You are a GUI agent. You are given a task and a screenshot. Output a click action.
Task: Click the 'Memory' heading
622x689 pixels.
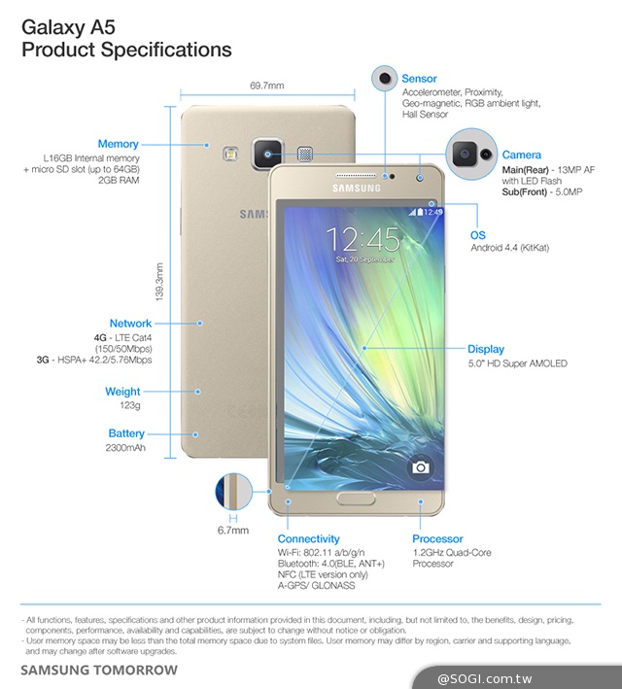click(x=118, y=144)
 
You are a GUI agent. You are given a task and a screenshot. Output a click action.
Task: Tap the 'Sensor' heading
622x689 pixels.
click(x=420, y=79)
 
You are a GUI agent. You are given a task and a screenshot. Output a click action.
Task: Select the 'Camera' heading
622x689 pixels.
click(x=522, y=155)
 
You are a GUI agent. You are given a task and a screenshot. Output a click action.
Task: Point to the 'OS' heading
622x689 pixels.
click(x=477, y=235)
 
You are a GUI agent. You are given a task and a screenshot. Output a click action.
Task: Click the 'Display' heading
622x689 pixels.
click(x=486, y=349)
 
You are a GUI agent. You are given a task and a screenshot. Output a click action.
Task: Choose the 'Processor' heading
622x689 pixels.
click(x=438, y=538)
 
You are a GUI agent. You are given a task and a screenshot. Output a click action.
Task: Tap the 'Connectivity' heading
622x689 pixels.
click(x=308, y=538)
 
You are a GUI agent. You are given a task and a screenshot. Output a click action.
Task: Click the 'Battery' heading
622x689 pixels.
click(x=126, y=433)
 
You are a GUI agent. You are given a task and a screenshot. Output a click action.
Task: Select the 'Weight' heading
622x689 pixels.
click(x=123, y=392)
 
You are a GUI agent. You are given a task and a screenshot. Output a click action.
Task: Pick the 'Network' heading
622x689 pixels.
click(x=130, y=324)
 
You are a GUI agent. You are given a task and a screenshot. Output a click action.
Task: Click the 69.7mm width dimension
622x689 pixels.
click(x=266, y=86)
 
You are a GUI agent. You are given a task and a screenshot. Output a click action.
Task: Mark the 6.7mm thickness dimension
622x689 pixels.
click(x=233, y=531)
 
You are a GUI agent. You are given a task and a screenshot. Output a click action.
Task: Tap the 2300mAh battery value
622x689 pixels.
click(x=125, y=448)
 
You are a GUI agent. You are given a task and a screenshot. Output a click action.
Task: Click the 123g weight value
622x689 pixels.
click(x=129, y=406)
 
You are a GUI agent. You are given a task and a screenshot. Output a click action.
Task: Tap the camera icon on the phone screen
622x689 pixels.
click(x=420, y=467)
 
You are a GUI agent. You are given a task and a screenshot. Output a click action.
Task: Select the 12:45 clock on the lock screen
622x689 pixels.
click(x=363, y=239)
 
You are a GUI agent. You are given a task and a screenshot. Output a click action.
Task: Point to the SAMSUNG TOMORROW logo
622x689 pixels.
click(x=99, y=671)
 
